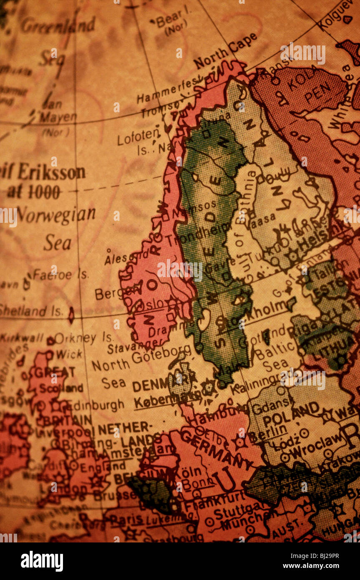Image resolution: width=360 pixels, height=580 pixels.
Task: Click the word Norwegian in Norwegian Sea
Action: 56,215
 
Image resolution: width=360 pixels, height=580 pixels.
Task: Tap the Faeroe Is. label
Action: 60,275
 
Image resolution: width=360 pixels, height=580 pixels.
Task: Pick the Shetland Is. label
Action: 31,310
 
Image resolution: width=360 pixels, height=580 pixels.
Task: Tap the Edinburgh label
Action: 96,404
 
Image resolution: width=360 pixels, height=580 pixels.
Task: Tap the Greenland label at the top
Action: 58,26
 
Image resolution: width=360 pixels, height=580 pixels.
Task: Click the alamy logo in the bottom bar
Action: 42,561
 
